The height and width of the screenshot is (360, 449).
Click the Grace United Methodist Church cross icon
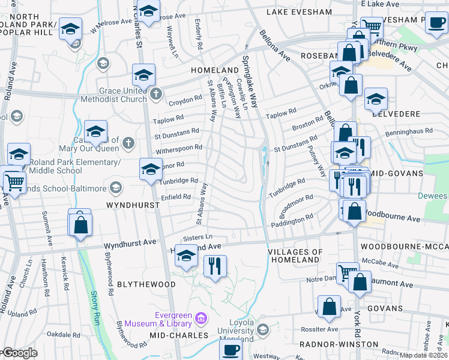coord(156,93)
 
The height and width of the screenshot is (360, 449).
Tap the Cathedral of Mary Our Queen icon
coord(128,143)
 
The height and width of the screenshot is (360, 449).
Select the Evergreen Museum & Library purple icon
coord(202,317)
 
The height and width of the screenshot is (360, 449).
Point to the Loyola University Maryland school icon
coord(262,329)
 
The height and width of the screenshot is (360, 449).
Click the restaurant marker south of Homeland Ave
coord(215,265)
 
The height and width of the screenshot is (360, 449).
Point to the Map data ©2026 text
coord(423,355)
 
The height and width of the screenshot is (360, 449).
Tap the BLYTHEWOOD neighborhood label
coord(146,284)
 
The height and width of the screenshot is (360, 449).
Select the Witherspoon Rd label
coord(178,150)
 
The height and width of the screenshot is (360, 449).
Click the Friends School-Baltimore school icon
coord(116,188)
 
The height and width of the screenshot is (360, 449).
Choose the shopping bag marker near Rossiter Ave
coord(330,307)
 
